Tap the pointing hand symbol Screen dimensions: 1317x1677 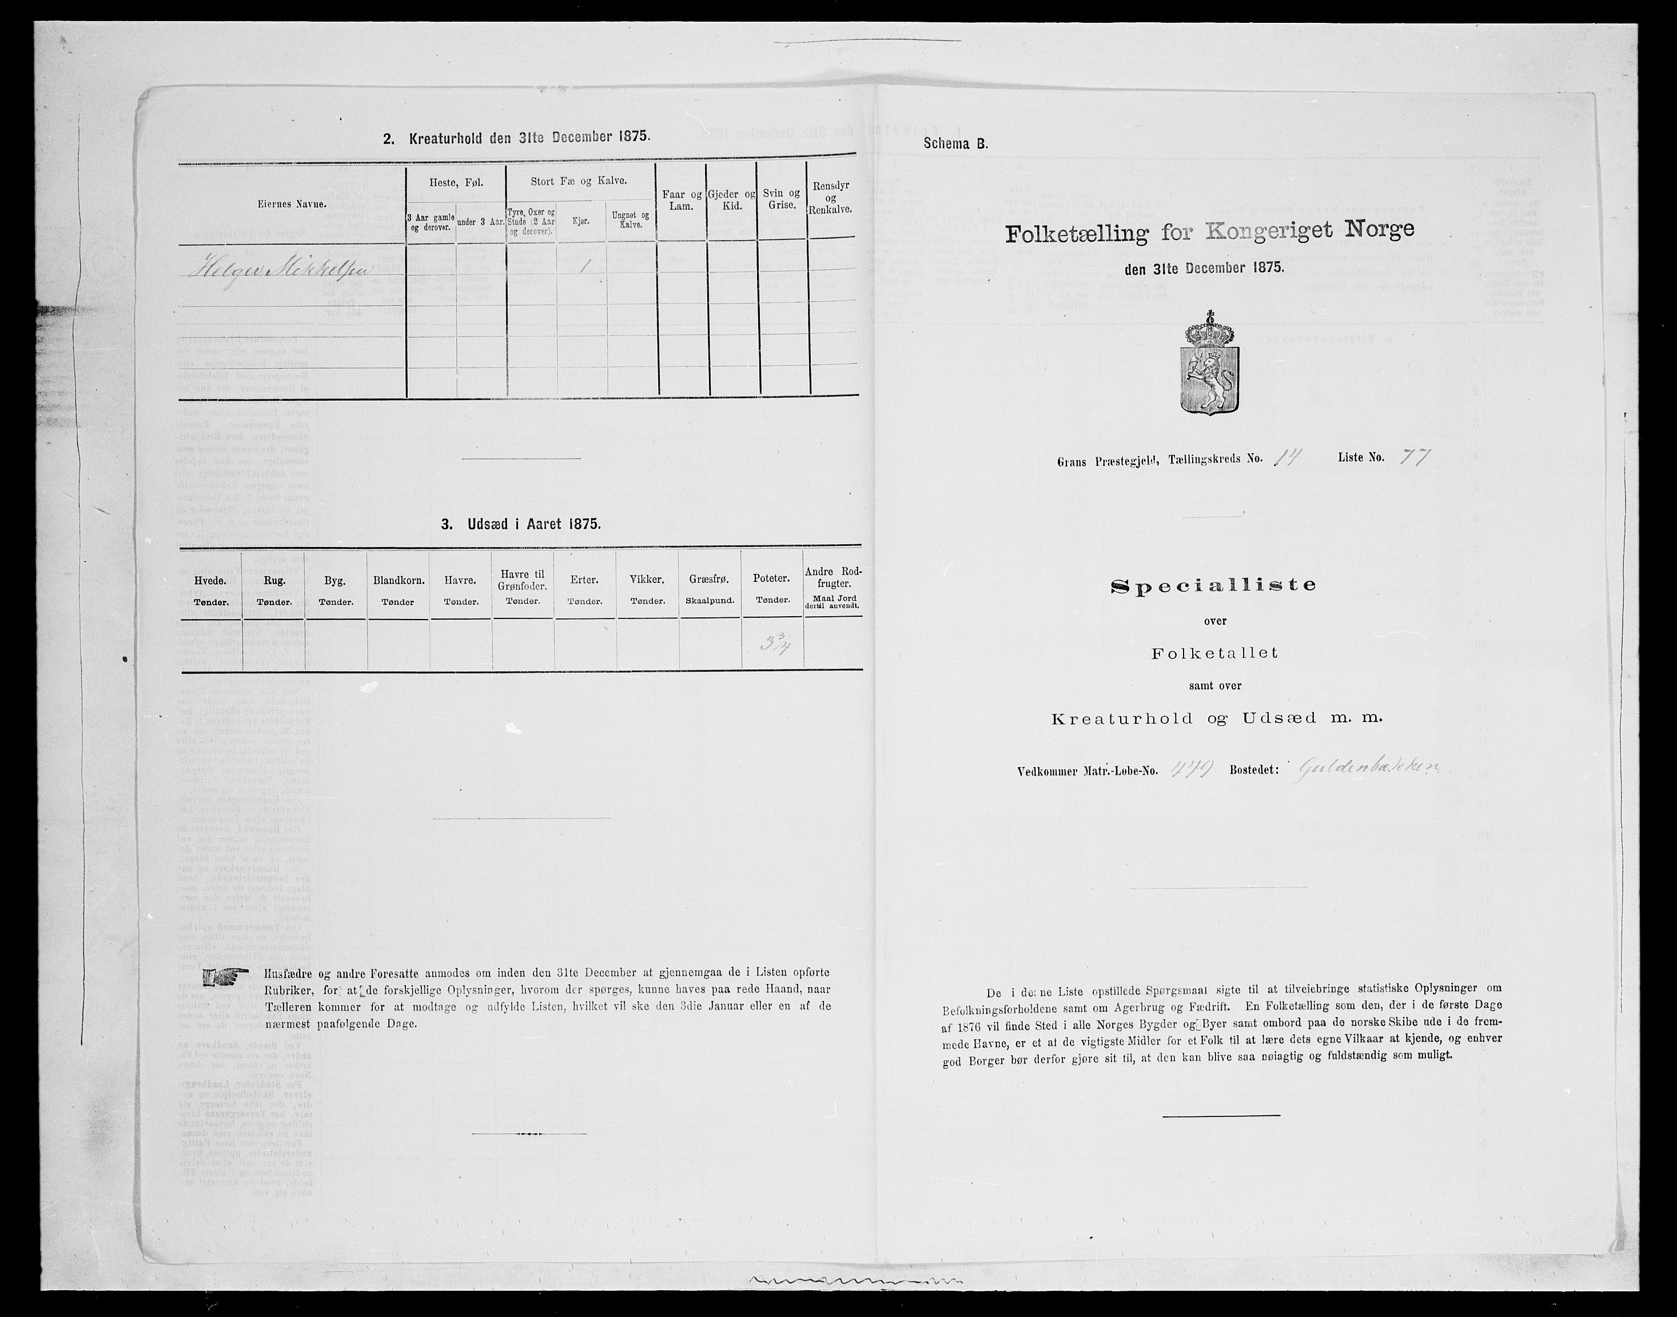coord(225,977)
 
